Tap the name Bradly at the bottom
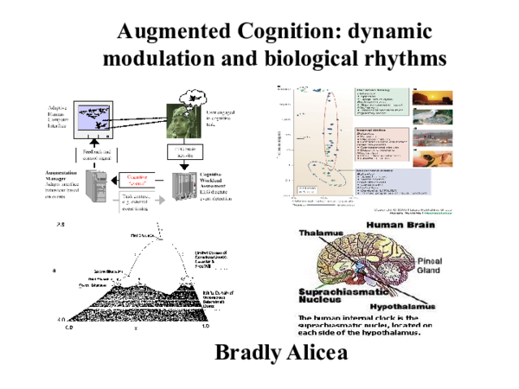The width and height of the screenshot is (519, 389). coord(250,354)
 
